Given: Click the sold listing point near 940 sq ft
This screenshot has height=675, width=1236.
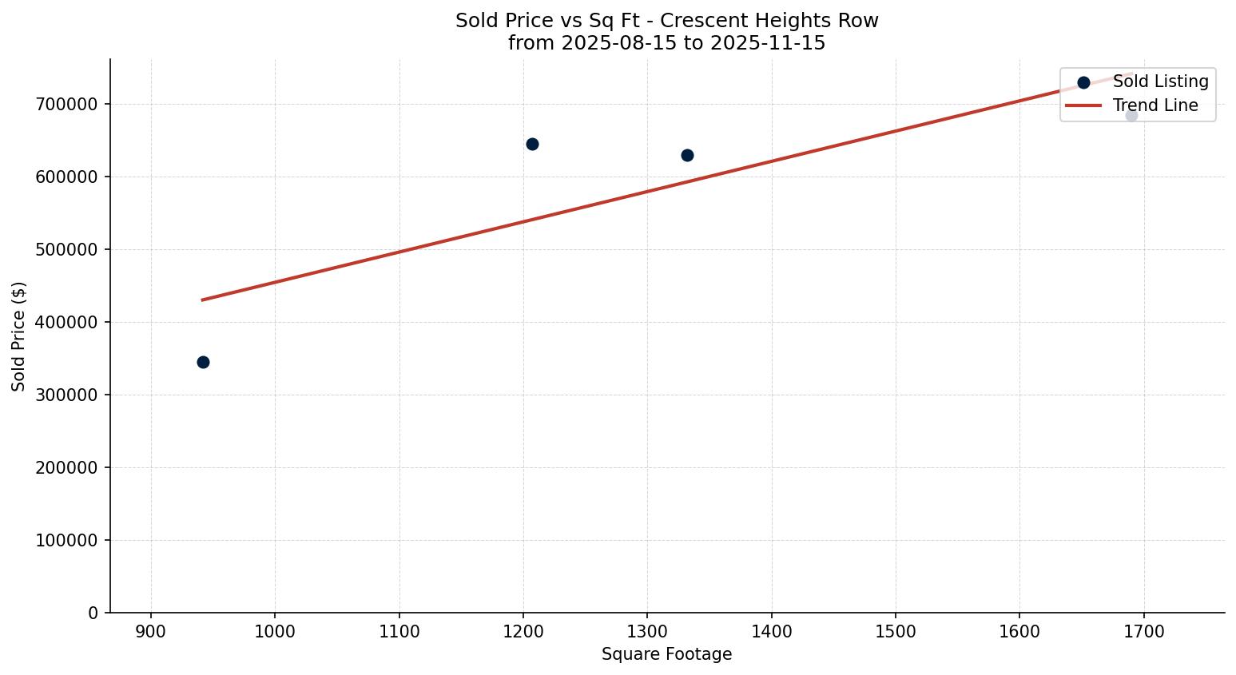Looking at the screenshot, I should click(x=203, y=362).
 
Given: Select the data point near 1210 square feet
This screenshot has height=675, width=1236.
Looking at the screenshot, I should click(x=532, y=144).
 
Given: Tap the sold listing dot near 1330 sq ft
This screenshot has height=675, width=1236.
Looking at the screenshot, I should click(x=687, y=155).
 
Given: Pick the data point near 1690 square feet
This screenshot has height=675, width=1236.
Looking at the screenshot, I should click(x=1131, y=115).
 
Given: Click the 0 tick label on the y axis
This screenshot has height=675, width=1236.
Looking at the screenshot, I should click(x=93, y=613).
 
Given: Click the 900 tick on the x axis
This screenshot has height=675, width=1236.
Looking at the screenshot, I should click(x=151, y=632).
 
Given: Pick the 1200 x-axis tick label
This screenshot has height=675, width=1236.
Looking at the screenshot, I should click(x=523, y=632).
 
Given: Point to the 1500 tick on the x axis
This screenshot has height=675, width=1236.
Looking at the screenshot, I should click(x=896, y=632).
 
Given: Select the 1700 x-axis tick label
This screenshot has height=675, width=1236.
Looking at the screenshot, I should click(x=1143, y=632).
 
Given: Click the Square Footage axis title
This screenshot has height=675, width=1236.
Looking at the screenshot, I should click(x=666, y=654).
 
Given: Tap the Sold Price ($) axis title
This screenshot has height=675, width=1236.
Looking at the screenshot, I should click(x=18, y=336).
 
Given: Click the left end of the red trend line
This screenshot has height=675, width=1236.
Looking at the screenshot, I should click(x=203, y=300).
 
